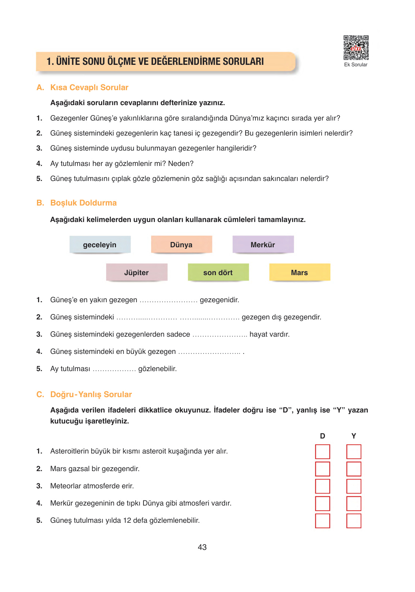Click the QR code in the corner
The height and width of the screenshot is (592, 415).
[x=356, y=48]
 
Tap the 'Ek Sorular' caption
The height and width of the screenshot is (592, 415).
[x=355, y=65]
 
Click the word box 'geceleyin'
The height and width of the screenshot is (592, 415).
[x=100, y=245]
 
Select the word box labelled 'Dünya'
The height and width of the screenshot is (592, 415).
[x=182, y=245]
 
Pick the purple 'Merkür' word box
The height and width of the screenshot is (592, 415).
[x=263, y=245]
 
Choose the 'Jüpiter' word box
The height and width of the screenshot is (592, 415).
[x=137, y=273]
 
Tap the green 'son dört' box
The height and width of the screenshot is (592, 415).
[x=218, y=273]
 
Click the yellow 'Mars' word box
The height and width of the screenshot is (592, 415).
[x=299, y=273]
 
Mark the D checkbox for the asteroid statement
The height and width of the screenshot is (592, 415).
[x=322, y=452]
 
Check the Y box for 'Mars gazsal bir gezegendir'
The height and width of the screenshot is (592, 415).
[x=354, y=469]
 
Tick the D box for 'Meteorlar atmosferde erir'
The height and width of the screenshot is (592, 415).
[x=322, y=486]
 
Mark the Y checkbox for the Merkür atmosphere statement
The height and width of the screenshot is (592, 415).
[x=354, y=503]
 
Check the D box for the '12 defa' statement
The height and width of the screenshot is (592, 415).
[x=322, y=521]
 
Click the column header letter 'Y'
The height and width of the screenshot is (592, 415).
[x=354, y=436]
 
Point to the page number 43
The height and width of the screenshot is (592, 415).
[x=202, y=547]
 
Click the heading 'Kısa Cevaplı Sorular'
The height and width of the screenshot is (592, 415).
[x=89, y=88]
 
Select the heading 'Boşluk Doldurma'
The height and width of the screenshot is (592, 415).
[x=83, y=203]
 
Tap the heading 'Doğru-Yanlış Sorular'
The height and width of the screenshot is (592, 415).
[x=91, y=395]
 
